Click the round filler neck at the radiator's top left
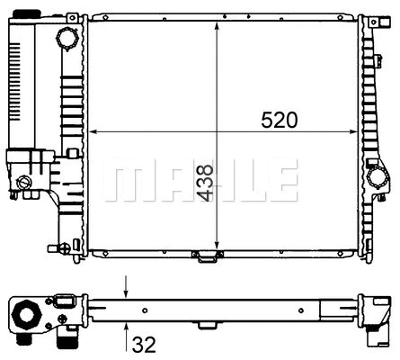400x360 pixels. coord(67,40)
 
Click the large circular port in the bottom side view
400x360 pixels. coord(24,317)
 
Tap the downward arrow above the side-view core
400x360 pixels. coord(127,291)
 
